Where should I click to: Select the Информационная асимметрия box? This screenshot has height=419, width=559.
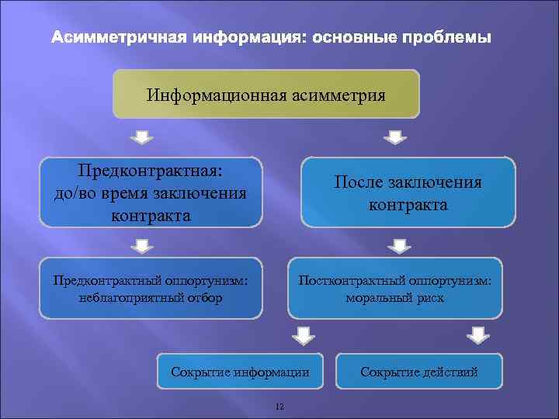[266, 95]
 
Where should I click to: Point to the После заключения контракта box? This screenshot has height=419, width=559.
[408, 192]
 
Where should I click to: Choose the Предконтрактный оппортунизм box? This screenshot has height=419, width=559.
[151, 288]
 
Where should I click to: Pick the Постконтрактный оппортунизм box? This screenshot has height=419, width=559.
[395, 288]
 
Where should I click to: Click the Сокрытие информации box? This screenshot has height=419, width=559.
[240, 372]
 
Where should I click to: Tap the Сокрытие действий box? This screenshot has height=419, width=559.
[419, 372]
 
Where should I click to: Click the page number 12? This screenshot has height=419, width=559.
[280, 406]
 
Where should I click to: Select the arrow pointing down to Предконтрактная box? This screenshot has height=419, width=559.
[141, 137]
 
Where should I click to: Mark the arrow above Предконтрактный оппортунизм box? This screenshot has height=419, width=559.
[142, 247]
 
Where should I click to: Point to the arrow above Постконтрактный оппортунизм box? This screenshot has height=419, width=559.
[398, 247]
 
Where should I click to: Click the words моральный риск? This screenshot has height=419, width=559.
[395, 297]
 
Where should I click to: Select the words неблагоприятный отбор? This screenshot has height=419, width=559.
[151, 297]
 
